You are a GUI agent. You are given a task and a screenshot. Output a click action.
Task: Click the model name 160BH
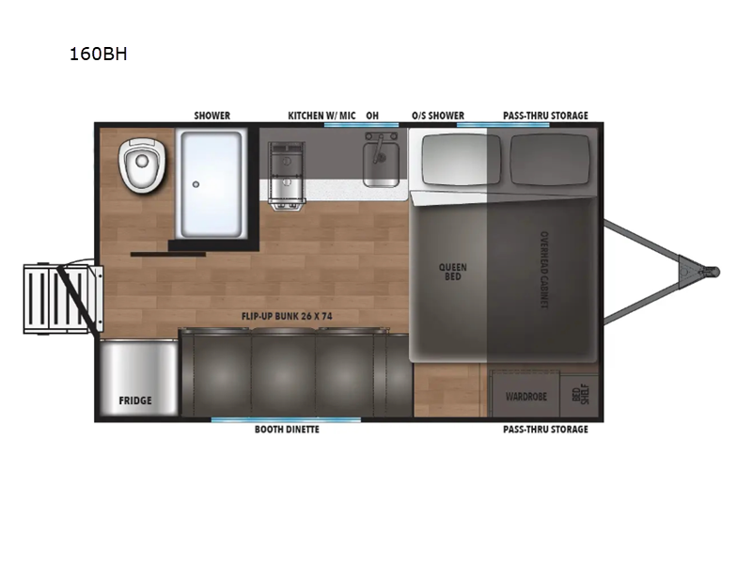tap(99, 54)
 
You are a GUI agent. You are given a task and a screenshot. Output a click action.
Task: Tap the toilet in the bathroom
tap(142, 164)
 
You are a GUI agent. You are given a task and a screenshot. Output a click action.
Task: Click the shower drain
tap(196, 184)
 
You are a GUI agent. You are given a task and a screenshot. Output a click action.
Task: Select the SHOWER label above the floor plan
tap(212, 116)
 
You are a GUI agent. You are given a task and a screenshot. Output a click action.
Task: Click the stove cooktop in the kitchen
tap(287, 176)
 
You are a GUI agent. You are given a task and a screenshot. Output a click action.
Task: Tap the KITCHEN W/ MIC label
tap(321, 116)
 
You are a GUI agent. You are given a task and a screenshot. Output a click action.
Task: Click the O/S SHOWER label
tap(438, 116)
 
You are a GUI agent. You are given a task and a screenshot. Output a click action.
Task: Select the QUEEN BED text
tap(453, 272)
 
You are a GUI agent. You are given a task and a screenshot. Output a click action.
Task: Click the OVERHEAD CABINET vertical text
tap(544, 270)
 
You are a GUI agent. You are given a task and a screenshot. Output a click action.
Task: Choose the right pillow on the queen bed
tap(550, 160)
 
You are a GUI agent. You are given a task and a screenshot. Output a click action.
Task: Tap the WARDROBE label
tap(526, 397)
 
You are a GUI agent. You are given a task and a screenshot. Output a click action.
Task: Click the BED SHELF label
tap(580, 394)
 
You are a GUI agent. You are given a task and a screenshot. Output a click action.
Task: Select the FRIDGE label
tap(135, 400)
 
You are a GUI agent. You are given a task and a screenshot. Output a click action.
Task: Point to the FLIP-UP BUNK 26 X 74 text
tap(287, 316)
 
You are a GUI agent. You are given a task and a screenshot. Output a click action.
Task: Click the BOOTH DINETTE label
tap(287, 430)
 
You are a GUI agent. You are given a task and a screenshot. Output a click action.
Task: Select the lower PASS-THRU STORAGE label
tap(545, 430)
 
